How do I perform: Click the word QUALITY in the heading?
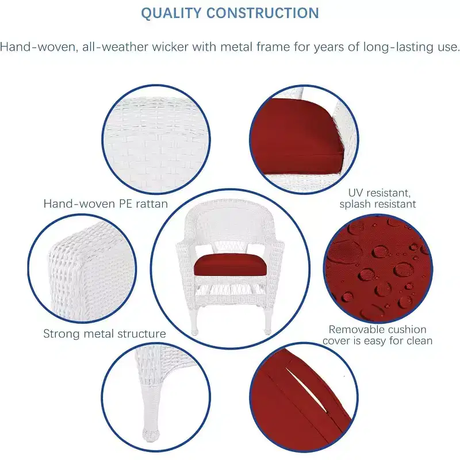point(171,13)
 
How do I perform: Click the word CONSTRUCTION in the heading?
point(263,13)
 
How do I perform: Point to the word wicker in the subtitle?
point(170,47)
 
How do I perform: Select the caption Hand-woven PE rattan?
point(106,204)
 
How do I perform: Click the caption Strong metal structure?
point(105,334)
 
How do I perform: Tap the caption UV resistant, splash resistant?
point(378,198)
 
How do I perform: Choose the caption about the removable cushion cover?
point(377,335)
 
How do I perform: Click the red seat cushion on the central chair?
point(230,265)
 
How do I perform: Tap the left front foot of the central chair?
point(194,332)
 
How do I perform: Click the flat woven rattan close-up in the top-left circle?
point(156,139)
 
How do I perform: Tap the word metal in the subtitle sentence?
point(237,47)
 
